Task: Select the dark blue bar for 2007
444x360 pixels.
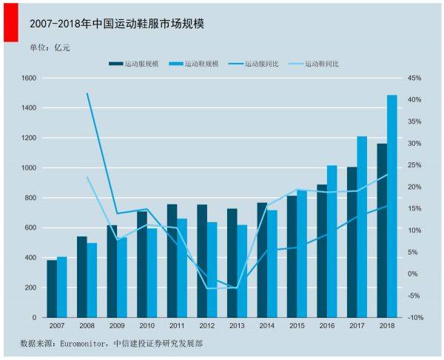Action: (52, 289)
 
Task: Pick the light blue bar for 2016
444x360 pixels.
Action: (332, 241)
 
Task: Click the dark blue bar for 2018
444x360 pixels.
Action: (381, 230)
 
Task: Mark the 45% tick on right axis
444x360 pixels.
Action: (413, 78)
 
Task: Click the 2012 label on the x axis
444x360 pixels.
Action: (206, 326)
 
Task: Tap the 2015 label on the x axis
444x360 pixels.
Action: (297, 326)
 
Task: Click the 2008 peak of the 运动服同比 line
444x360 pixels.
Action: (87, 93)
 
